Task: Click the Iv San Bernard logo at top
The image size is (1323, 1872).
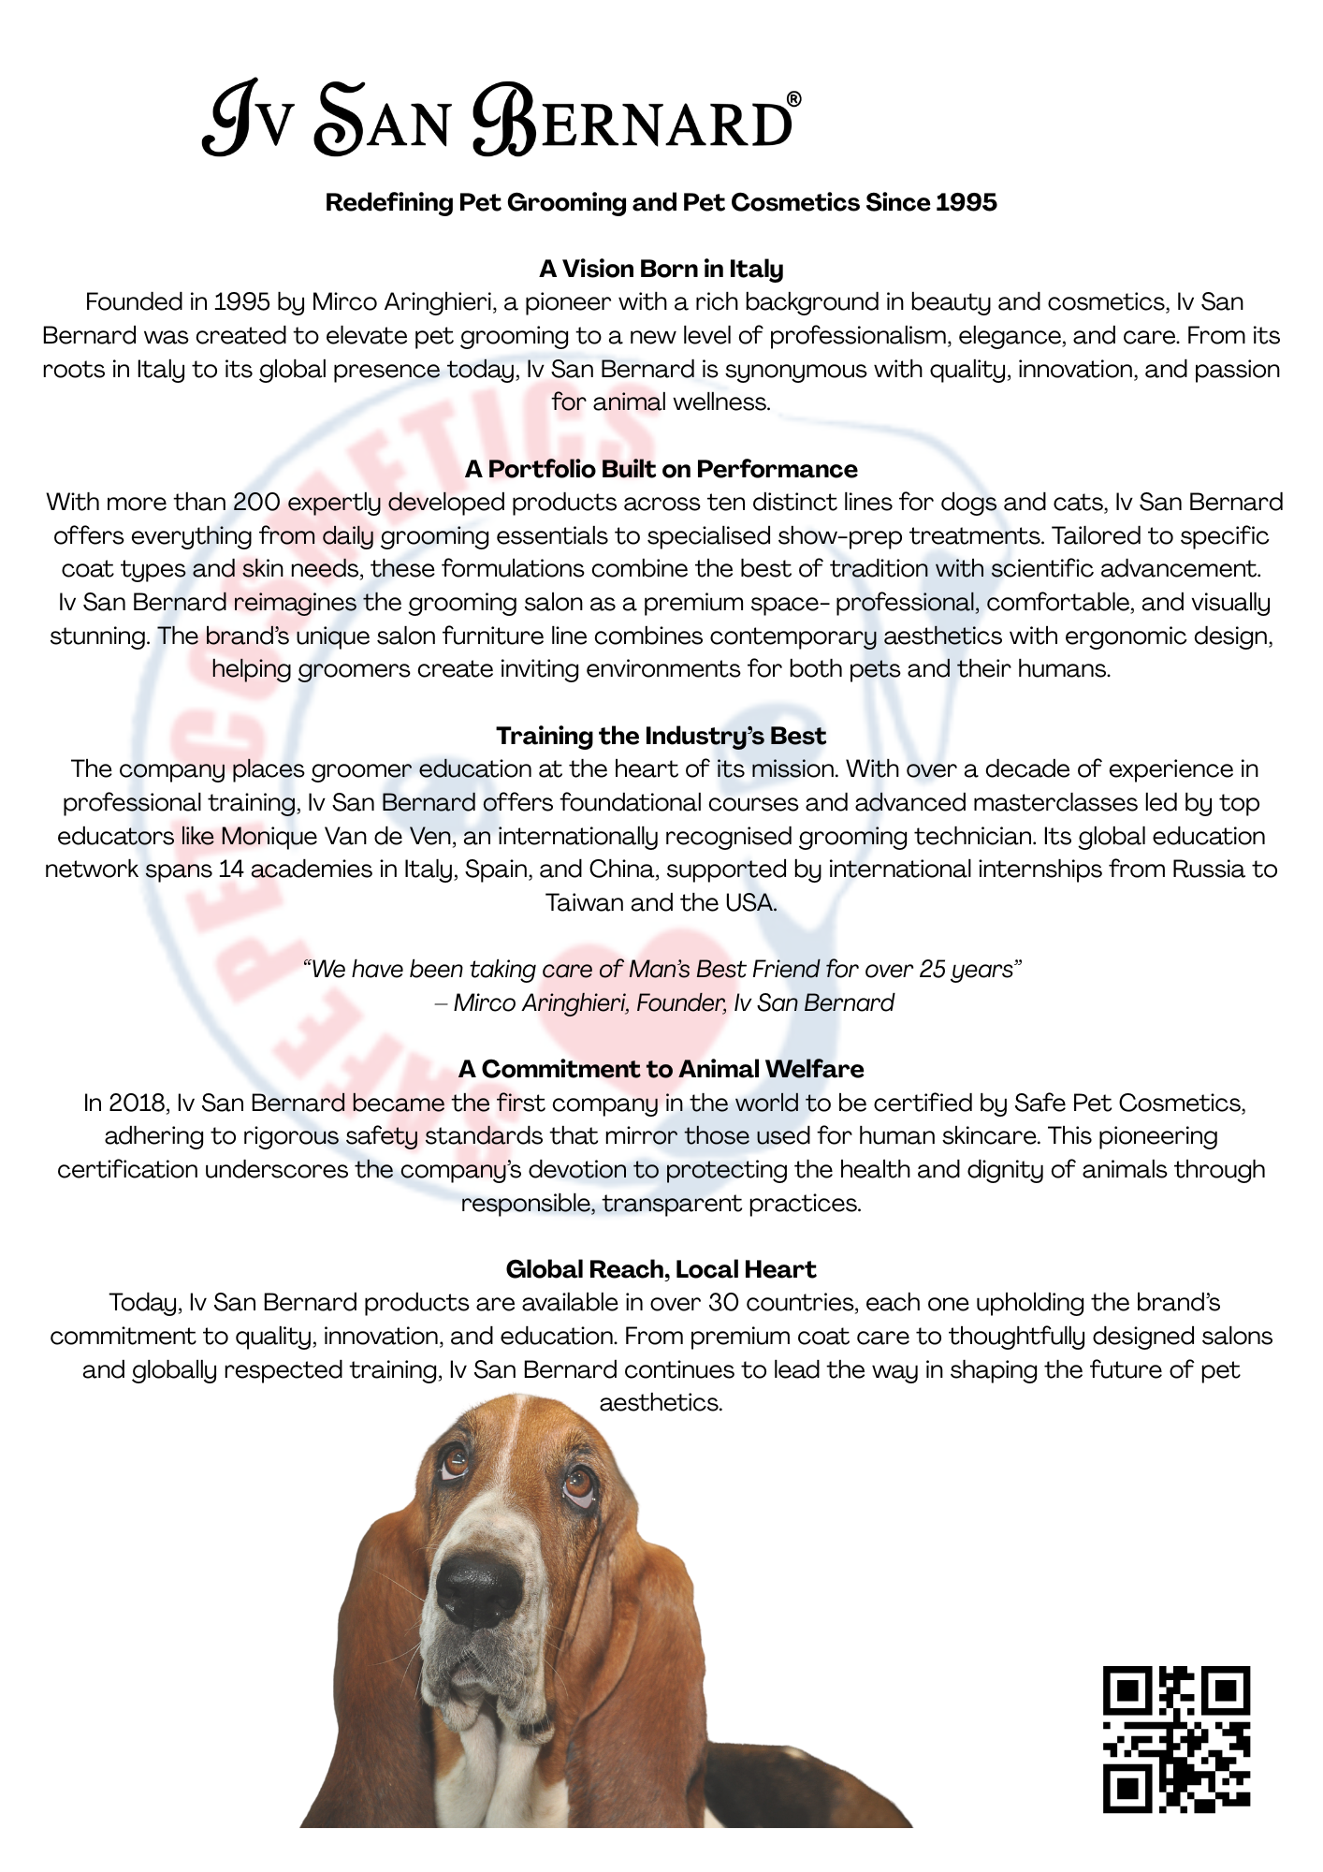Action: point(501,120)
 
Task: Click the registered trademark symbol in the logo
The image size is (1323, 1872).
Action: point(793,99)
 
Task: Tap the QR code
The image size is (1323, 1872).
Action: point(1176,1738)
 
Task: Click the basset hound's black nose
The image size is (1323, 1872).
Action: point(480,1591)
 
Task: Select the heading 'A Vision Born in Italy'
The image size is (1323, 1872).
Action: point(661,269)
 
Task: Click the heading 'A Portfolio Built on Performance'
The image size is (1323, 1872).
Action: point(661,469)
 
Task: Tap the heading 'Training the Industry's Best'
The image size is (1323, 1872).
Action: point(661,736)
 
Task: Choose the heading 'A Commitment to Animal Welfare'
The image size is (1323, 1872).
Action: point(661,1069)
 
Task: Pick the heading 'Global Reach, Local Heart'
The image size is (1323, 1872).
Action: point(661,1269)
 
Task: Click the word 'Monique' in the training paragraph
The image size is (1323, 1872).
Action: point(269,836)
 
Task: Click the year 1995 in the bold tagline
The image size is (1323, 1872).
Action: point(966,202)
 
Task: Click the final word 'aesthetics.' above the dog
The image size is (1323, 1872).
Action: point(661,1403)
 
